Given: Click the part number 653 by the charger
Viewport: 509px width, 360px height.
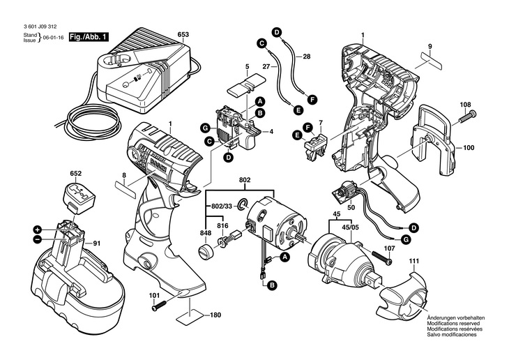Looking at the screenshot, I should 183,33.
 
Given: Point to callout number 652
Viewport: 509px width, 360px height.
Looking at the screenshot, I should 75,172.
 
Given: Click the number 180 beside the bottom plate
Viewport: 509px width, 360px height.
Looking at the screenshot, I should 215,315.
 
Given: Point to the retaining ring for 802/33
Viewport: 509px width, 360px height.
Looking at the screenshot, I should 242,204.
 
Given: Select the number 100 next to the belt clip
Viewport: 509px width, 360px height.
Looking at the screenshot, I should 469,147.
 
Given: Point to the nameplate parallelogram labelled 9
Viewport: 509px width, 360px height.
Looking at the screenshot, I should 430,61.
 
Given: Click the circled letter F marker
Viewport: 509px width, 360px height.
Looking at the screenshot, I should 312,100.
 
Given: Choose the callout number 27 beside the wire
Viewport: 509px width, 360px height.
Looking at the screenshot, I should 266,66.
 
